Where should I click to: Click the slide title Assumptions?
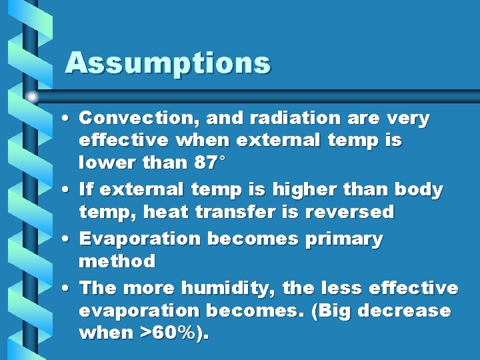[167, 64]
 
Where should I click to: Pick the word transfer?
[233, 213]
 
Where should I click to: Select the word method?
[117, 261]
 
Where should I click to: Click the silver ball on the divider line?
[33, 97]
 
